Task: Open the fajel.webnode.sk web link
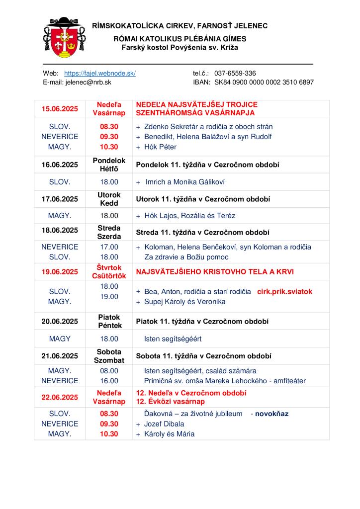pyautogui.click(x=100, y=73)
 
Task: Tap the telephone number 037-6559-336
pyautogui.click(x=235, y=73)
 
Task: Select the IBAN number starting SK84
pyautogui.click(x=264, y=82)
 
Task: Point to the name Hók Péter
pyautogui.click(x=160, y=147)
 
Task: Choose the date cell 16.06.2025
pyautogui.click(x=60, y=164)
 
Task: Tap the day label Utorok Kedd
pyautogui.click(x=109, y=199)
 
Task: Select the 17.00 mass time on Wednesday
pyautogui.click(x=109, y=247)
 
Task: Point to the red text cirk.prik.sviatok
pyautogui.click(x=284, y=292)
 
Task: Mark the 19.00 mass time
pyautogui.click(x=109, y=297)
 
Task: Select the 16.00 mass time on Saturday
pyautogui.click(x=109, y=381)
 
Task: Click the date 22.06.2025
pyautogui.click(x=60, y=397)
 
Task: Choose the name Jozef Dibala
pyautogui.click(x=164, y=424)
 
